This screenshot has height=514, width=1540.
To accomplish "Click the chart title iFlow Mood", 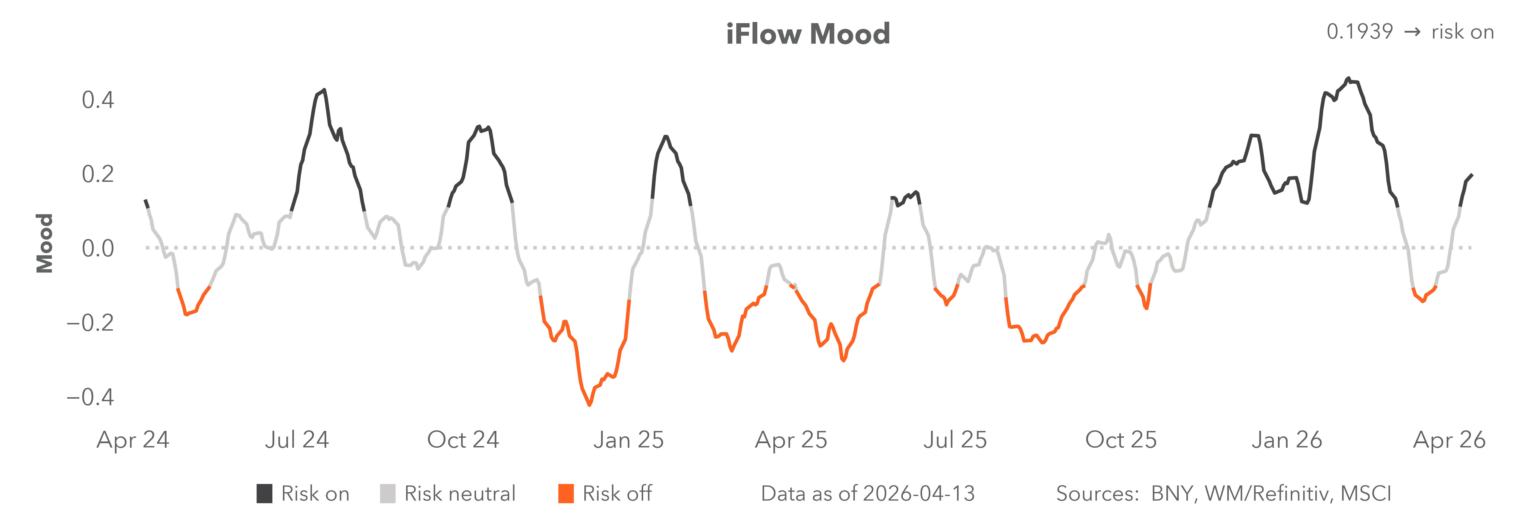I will pyautogui.click(x=808, y=34).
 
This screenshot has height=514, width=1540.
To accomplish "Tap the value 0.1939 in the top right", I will pyautogui.click(x=1359, y=32).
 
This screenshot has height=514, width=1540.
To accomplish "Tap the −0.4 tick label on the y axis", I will pyautogui.click(x=90, y=397).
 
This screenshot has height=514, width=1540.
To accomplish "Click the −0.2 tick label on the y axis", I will pyautogui.click(x=90, y=322).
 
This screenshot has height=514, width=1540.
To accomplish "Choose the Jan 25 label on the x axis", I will pyautogui.click(x=628, y=440).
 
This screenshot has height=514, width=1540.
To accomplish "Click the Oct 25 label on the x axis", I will pyautogui.click(x=1121, y=440).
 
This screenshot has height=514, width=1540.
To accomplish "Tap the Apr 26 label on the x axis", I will pyautogui.click(x=1449, y=440).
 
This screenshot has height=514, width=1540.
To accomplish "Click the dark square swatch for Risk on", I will pyautogui.click(x=264, y=494).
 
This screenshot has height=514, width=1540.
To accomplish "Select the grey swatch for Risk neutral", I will pyautogui.click(x=387, y=494).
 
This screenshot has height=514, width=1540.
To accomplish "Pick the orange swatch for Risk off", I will pyautogui.click(x=566, y=494).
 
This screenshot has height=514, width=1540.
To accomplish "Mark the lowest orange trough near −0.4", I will pyautogui.click(x=589, y=405).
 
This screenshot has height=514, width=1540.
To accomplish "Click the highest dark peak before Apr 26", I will pyautogui.click(x=1348, y=79).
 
